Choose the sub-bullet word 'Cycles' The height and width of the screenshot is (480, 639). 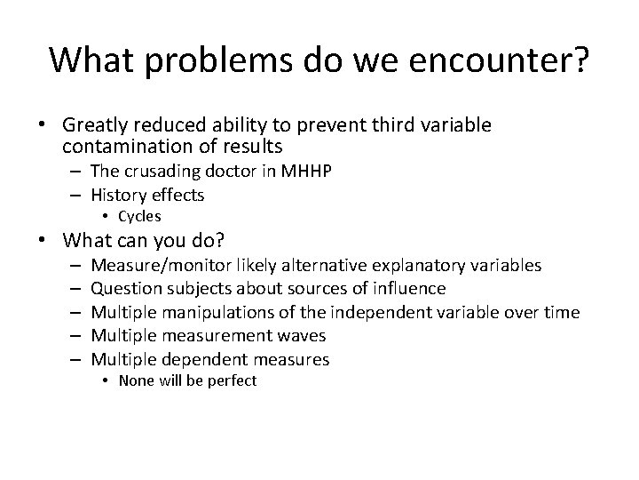pos(139,216)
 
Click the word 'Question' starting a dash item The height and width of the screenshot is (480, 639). pos(123,288)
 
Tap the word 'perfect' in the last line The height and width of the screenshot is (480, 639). pos(232,380)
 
